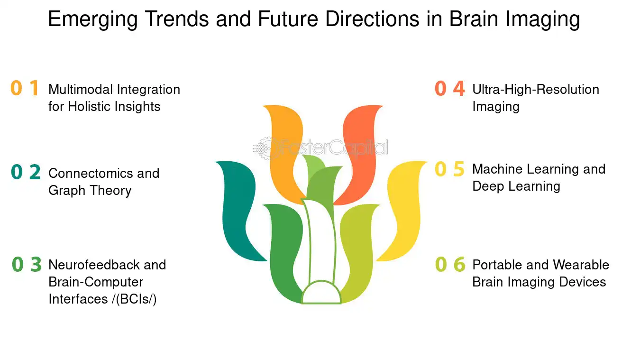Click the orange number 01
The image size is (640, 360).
25,88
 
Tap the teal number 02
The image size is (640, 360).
26,172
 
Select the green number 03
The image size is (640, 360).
27,265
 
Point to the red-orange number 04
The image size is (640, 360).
450,88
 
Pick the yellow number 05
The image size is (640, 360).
450,169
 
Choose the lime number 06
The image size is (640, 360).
450,264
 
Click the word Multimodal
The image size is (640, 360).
81,90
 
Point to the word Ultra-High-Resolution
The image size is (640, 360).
536,90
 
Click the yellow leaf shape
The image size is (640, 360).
403,211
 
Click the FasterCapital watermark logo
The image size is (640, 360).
320,148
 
